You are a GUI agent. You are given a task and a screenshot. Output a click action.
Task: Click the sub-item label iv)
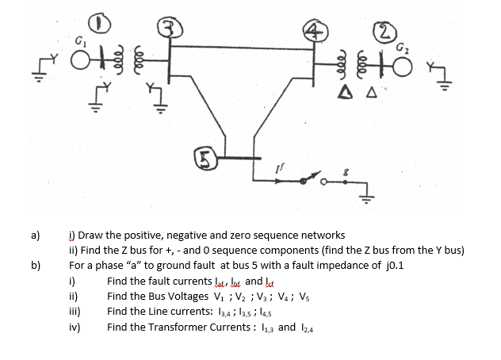pyautogui.click(x=74, y=327)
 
